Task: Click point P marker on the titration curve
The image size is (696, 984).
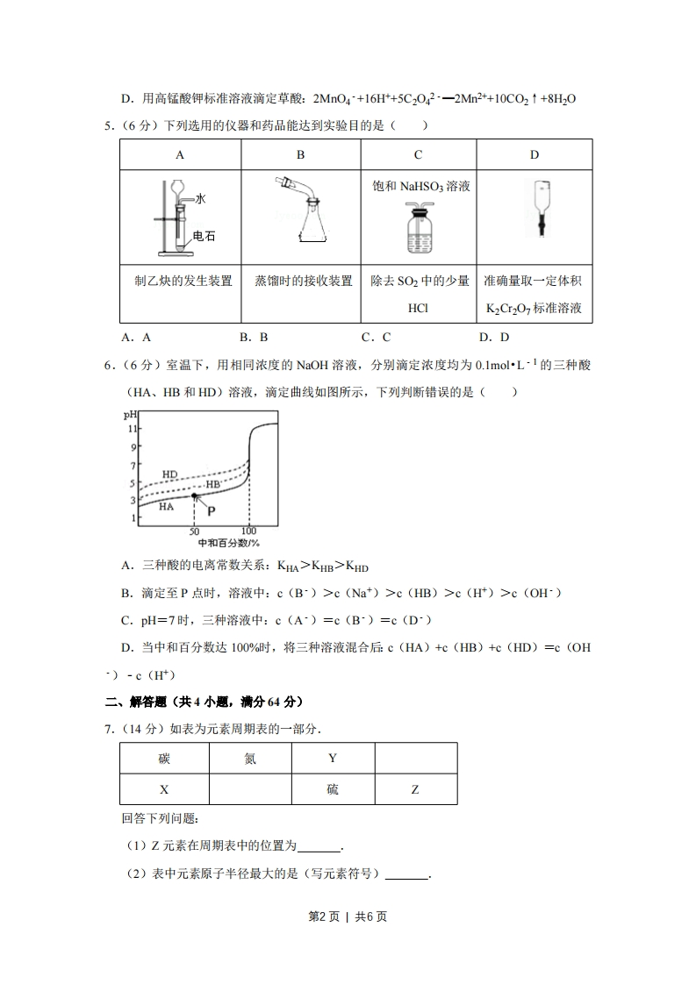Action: [194, 496]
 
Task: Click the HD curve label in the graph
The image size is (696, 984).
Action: [169, 474]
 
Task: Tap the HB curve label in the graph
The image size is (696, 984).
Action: [212, 485]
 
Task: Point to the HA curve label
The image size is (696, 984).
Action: [165, 506]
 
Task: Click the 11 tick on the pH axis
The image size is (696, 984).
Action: [133, 428]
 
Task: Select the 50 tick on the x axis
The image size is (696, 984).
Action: [194, 531]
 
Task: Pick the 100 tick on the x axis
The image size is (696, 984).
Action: [248, 531]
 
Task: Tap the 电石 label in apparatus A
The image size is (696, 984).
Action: [204, 235]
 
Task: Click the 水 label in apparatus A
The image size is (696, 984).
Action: [200, 199]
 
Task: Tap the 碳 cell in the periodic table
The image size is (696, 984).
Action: [164, 758]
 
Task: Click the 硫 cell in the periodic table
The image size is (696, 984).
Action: [333, 789]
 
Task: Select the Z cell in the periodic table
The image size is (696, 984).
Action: [415, 789]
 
